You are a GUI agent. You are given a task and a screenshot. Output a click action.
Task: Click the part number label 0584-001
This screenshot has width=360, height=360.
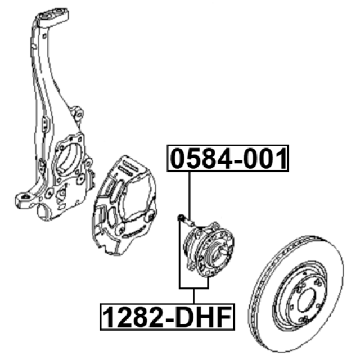[x=228, y=158]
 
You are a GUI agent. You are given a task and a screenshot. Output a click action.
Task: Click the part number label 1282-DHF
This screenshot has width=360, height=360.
[x=168, y=317]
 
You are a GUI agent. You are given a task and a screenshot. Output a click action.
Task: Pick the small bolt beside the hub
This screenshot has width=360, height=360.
[x=186, y=220]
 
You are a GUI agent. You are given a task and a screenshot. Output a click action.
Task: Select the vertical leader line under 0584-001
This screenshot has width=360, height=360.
[x=190, y=195]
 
